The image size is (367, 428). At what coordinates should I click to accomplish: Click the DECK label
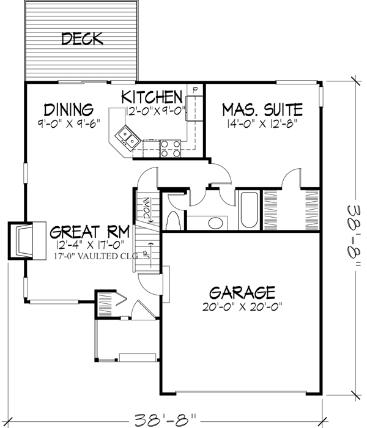(81, 40)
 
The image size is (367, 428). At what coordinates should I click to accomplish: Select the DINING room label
(69, 109)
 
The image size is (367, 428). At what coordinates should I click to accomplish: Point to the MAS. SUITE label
(262, 110)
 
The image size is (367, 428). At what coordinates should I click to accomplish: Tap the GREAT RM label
(89, 232)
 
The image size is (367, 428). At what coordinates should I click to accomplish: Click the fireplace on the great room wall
(23, 240)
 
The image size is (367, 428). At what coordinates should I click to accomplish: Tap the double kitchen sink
(128, 136)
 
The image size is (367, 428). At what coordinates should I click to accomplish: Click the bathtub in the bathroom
(250, 210)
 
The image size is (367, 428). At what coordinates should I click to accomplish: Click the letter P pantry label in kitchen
(195, 90)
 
